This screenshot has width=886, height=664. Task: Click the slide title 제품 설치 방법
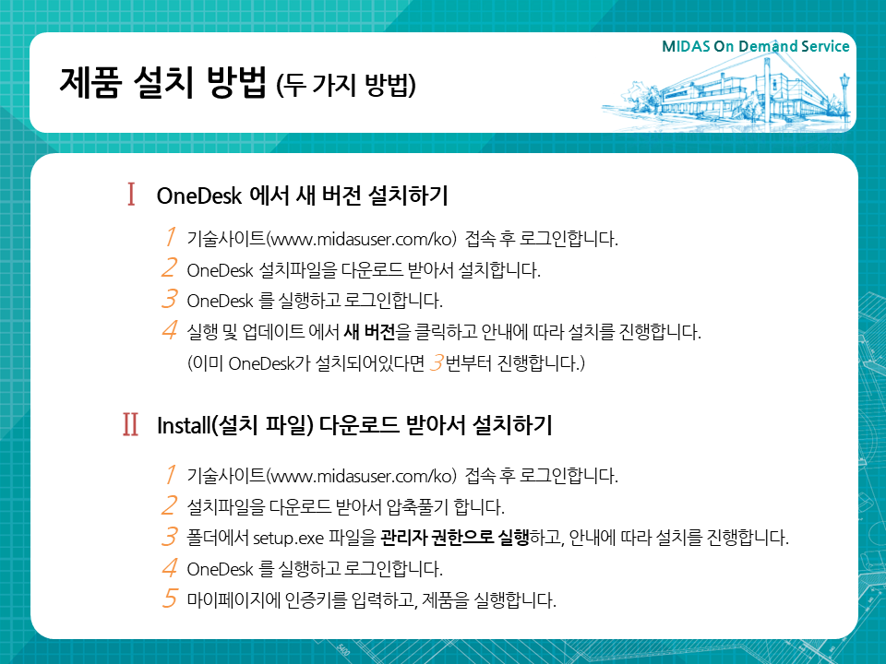162,82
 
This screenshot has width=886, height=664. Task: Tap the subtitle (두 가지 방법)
346,85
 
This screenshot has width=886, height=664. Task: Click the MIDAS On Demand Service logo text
756,46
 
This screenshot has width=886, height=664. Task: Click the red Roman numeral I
131,195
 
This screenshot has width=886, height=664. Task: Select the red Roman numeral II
130,424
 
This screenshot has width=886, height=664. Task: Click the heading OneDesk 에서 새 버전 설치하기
303,196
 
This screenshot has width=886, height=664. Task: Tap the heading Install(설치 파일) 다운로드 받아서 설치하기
354,425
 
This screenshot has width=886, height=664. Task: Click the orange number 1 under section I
170,237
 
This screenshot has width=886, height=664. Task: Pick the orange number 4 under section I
170,329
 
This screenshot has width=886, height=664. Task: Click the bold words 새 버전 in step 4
369,331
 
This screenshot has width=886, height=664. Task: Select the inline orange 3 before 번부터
437,362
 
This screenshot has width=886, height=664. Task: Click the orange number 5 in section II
170,599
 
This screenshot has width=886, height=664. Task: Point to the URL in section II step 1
361,476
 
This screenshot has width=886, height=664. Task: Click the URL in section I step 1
361,239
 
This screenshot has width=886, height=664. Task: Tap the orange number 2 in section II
169,505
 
